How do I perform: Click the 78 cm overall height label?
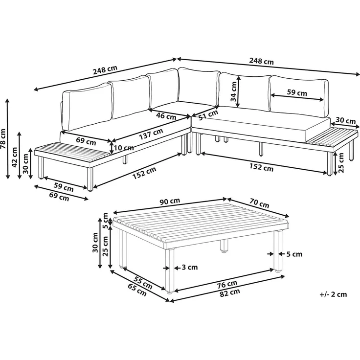coord(3,138)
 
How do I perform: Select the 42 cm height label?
coord(14,157)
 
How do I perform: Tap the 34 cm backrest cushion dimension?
coord(234,91)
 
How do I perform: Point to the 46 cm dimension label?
coord(166,116)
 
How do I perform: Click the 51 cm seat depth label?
coord(208,115)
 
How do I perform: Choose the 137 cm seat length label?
coord(151,134)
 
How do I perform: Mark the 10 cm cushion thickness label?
coord(124,148)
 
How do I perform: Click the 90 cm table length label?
coord(170,201)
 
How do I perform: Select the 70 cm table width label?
coord(259,203)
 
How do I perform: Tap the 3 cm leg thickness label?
coord(189,267)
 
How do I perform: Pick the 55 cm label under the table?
coord(143,283)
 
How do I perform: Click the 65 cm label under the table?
coord(137,290)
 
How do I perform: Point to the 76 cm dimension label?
coord(227,285)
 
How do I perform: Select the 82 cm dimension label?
coord(230,292)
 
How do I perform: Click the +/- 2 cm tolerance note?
coord(333,294)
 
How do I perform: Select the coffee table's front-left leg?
coord(169,271)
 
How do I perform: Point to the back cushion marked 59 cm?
coord(299,96)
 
